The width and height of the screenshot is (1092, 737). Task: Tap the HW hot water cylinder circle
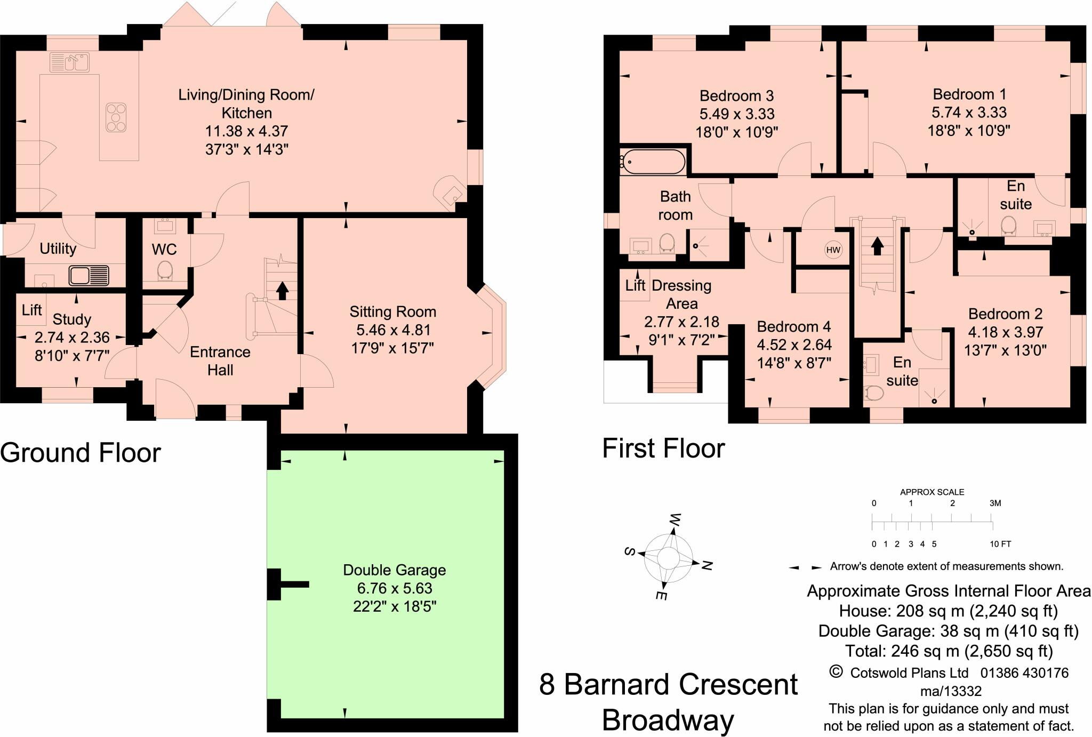pos(833,250)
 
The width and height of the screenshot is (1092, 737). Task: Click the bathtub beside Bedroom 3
pos(654,162)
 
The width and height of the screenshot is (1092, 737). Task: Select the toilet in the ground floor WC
pos(165,270)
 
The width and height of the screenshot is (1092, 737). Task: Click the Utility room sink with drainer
pos(89,276)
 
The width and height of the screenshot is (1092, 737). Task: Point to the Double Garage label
pos(394,570)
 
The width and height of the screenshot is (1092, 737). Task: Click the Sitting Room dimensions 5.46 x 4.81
pos(392,330)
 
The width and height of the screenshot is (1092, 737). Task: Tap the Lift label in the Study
pos(32,310)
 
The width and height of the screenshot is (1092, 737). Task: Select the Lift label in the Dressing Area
pos(635,286)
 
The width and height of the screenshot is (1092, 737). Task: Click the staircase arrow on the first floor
pos(877,245)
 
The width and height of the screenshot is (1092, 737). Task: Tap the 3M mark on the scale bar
pos(995,503)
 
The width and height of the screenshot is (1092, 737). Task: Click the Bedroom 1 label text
pos(969,94)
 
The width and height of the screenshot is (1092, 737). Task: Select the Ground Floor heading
pos(80,453)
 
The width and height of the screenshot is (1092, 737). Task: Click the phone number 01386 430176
pos(1024,673)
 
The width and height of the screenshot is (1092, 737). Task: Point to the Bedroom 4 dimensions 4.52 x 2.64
pos(794,345)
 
